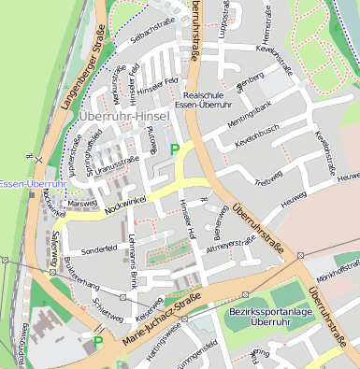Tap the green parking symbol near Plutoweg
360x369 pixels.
(x=174, y=149)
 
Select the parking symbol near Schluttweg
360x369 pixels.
(x=97, y=342)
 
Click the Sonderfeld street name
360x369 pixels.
(x=98, y=250)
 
